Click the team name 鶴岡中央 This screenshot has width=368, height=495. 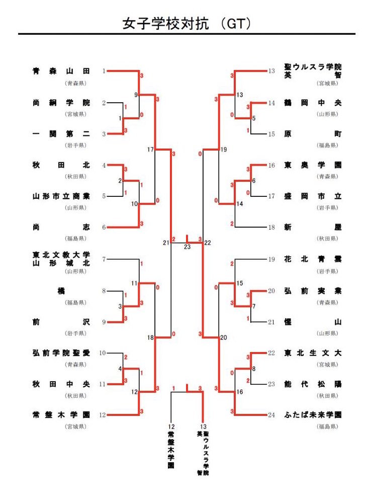point(313,103)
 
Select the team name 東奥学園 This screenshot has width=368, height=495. point(313,165)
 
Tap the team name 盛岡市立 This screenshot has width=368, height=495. point(313,196)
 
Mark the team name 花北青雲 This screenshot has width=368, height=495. point(313,259)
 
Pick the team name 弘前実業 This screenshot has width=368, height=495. point(313,291)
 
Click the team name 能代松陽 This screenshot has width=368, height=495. point(313,384)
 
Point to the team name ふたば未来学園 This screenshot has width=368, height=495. point(313,415)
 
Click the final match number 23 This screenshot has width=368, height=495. point(187,247)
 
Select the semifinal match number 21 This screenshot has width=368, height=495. point(166,243)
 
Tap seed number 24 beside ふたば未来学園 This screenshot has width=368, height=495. point(271,415)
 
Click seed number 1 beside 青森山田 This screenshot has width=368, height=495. point(104,72)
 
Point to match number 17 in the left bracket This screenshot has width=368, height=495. point(150,150)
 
